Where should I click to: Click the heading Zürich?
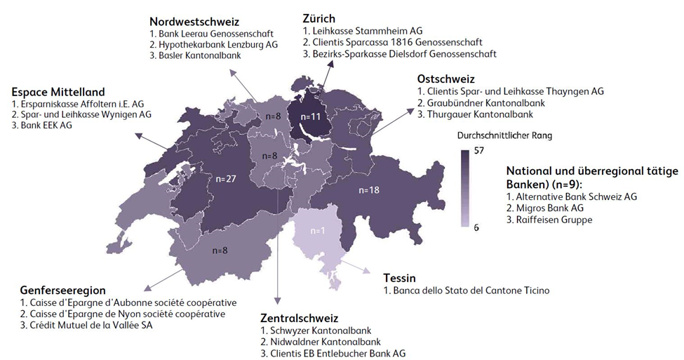[318, 18]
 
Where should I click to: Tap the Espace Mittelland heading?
[58, 92]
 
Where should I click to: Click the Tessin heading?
[399, 277]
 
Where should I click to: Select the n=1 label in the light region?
[320, 231]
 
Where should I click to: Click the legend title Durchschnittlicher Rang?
[496, 135]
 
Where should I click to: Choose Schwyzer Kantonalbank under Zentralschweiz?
[311, 331]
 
